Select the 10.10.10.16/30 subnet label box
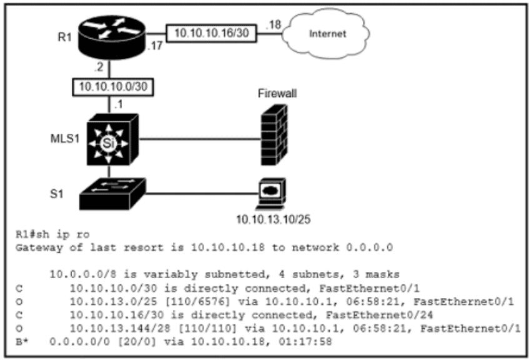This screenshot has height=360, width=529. click(x=212, y=32)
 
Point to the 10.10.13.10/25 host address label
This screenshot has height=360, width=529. click(x=270, y=219)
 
